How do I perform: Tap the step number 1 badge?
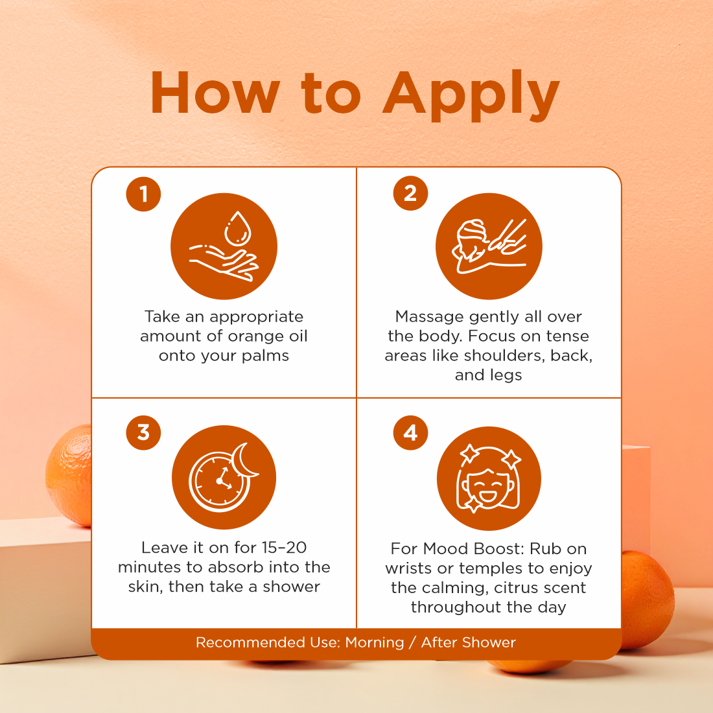[x=143, y=193]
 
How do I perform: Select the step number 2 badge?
[x=410, y=193]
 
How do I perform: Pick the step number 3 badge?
[x=143, y=432]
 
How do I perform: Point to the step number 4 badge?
[x=410, y=432]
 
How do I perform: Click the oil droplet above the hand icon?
[x=237, y=228]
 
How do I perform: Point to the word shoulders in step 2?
[x=499, y=356]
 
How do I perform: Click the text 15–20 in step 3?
[x=283, y=548]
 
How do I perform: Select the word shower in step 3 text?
[x=291, y=587]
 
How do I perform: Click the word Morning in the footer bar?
[x=374, y=642]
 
